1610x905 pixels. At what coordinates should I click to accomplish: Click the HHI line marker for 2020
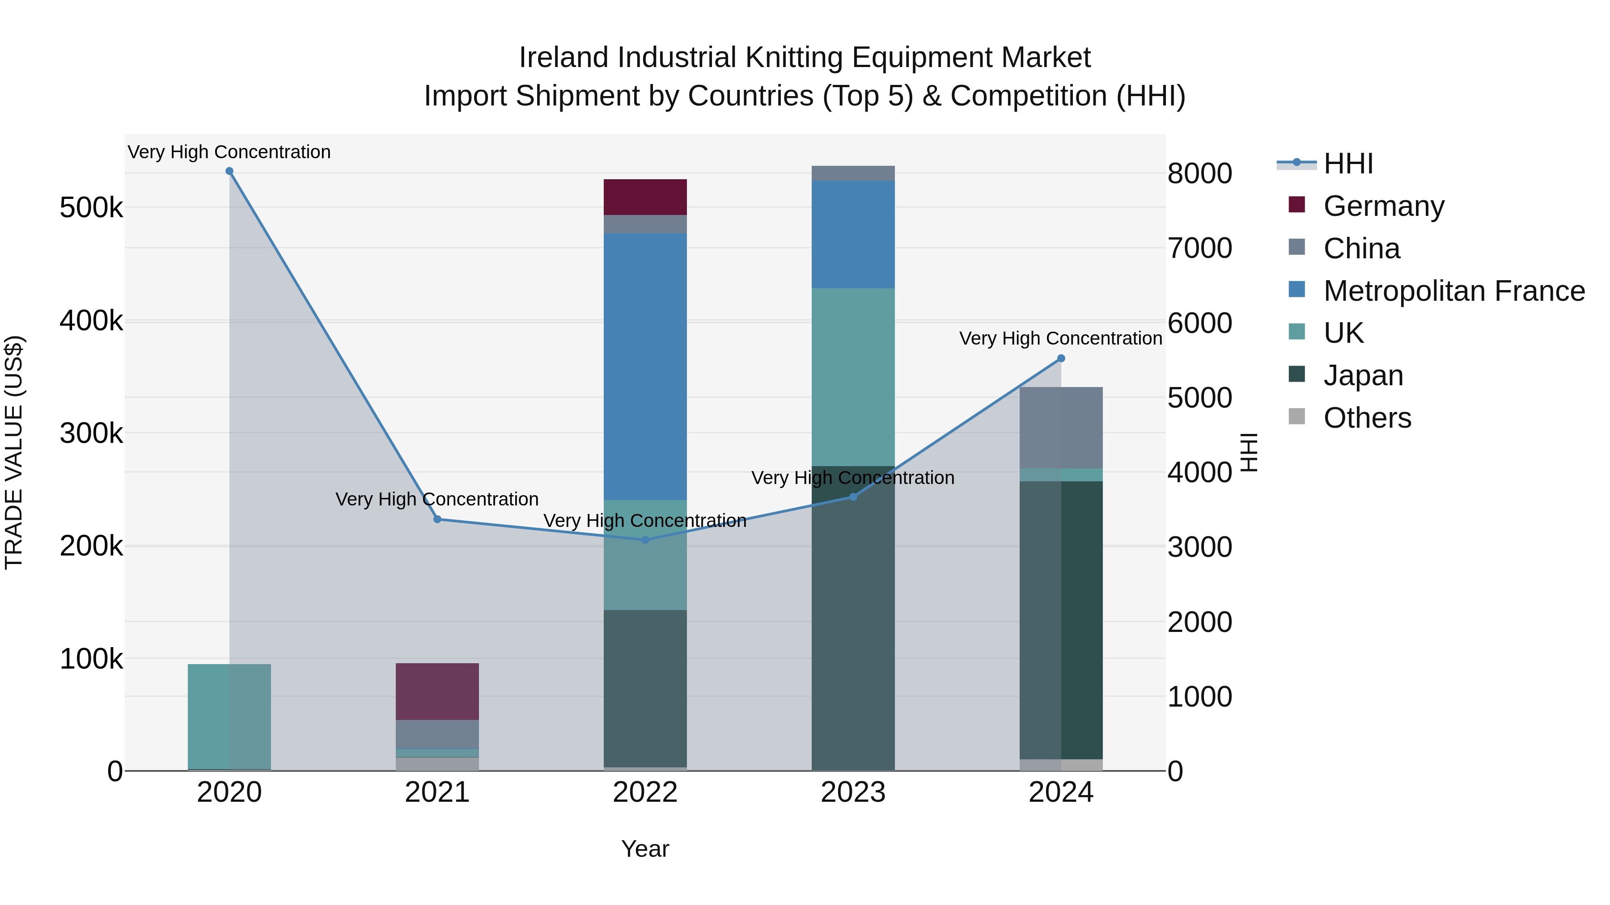[x=229, y=171]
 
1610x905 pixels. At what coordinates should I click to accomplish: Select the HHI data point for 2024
[x=1061, y=358]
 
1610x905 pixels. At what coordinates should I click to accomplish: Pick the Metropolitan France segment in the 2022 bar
[x=645, y=366]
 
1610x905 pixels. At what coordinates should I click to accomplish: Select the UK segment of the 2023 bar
[x=853, y=377]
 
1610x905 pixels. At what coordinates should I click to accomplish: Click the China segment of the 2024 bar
[x=1061, y=428]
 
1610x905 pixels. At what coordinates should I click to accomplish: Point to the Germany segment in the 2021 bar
[x=437, y=691]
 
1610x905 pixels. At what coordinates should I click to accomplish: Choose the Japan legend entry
[x=1363, y=376]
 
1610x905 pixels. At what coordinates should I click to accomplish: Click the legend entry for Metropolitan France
[x=1454, y=291]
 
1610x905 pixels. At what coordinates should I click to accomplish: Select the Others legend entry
[x=1367, y=418]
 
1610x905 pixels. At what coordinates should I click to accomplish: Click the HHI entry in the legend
[x=1347, y=164]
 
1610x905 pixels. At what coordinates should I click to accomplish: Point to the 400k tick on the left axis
[x=91, y=321]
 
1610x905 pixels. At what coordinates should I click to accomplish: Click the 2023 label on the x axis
[x=853, y=792]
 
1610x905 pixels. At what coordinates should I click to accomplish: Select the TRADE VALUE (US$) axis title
[x=14, y=452]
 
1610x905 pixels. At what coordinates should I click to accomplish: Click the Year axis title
[x=645, y=849]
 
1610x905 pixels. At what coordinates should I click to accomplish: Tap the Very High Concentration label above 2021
[x=437, y=499]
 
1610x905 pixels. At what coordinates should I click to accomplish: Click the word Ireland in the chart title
[x=564, y=58]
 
